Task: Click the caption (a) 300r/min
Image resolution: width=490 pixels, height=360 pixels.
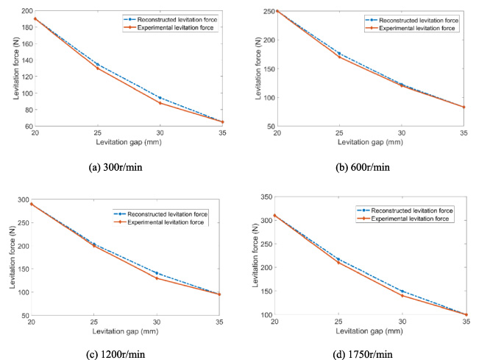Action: click(x=116, y=167)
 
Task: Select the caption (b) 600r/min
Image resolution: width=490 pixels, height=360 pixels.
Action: click(x=363, y=167)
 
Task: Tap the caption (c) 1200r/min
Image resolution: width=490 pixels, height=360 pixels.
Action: click(x=116, y=354)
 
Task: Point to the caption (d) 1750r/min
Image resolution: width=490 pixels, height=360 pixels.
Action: click(x=363, y=354)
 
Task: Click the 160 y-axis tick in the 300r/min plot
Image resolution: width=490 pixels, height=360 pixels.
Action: click(x=27, y=43)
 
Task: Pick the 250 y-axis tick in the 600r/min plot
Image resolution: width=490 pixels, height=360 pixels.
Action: click(x=269, y=11)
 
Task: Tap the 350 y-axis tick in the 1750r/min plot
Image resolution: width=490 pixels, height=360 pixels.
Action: click(x=266, y=197)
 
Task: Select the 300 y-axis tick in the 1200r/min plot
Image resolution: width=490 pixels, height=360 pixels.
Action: click(x=24, y=200)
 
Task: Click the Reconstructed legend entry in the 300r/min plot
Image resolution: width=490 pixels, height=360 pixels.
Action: click(x=170, y=19)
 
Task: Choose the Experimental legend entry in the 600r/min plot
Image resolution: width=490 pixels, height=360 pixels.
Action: click(x=411, y=28)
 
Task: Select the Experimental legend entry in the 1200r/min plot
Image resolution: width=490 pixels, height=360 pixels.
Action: click(x=159, y=222)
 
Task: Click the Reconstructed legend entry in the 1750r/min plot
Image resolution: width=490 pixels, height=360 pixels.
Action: click(x=405, y=211)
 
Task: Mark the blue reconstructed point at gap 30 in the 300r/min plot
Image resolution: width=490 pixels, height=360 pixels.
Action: click(x=160, y=98)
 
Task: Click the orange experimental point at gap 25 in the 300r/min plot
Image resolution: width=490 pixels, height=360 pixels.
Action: click(x=98, y=68)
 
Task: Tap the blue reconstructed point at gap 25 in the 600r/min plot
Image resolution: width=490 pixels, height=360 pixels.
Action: click(x=339, y=54)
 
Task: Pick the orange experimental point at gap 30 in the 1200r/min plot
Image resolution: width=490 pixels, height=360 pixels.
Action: click(x=157, y=278)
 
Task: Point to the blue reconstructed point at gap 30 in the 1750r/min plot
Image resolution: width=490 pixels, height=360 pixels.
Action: click(x=402, y=292)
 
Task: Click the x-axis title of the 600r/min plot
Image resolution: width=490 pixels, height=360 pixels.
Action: click(x=370, y=142)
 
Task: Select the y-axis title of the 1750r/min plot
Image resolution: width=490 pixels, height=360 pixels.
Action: click(x=255, y=255)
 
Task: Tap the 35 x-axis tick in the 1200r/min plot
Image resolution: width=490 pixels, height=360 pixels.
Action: click(x=219, y=322)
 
